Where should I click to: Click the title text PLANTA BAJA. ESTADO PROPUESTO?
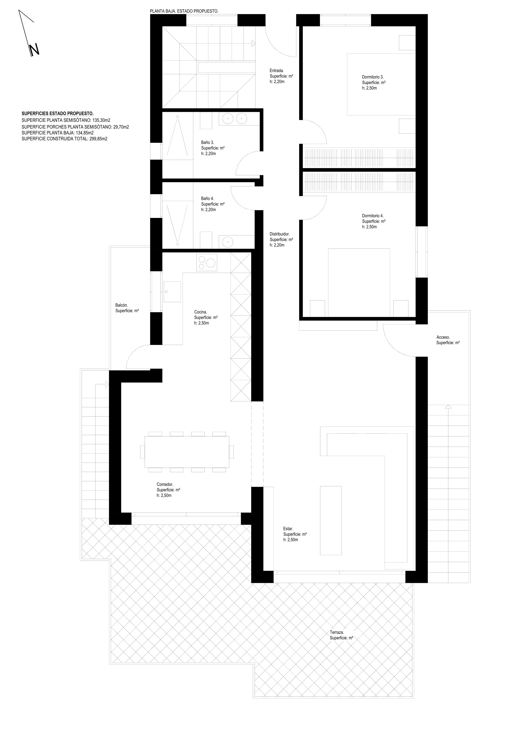coord(184,11)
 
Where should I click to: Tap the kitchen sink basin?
coord(172,292)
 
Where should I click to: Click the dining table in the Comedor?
coord(187,452)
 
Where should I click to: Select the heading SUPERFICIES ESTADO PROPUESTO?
coord(57,113)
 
